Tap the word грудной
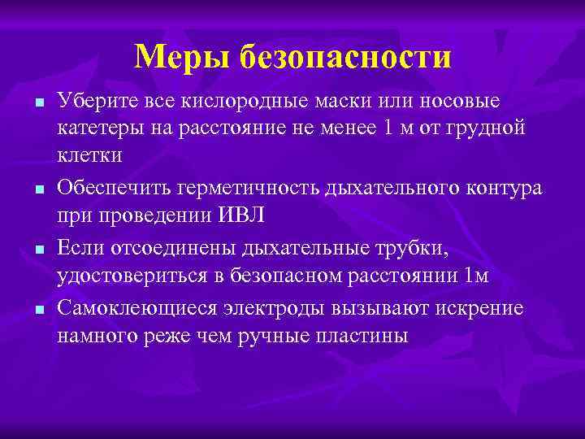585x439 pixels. (492, 126)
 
